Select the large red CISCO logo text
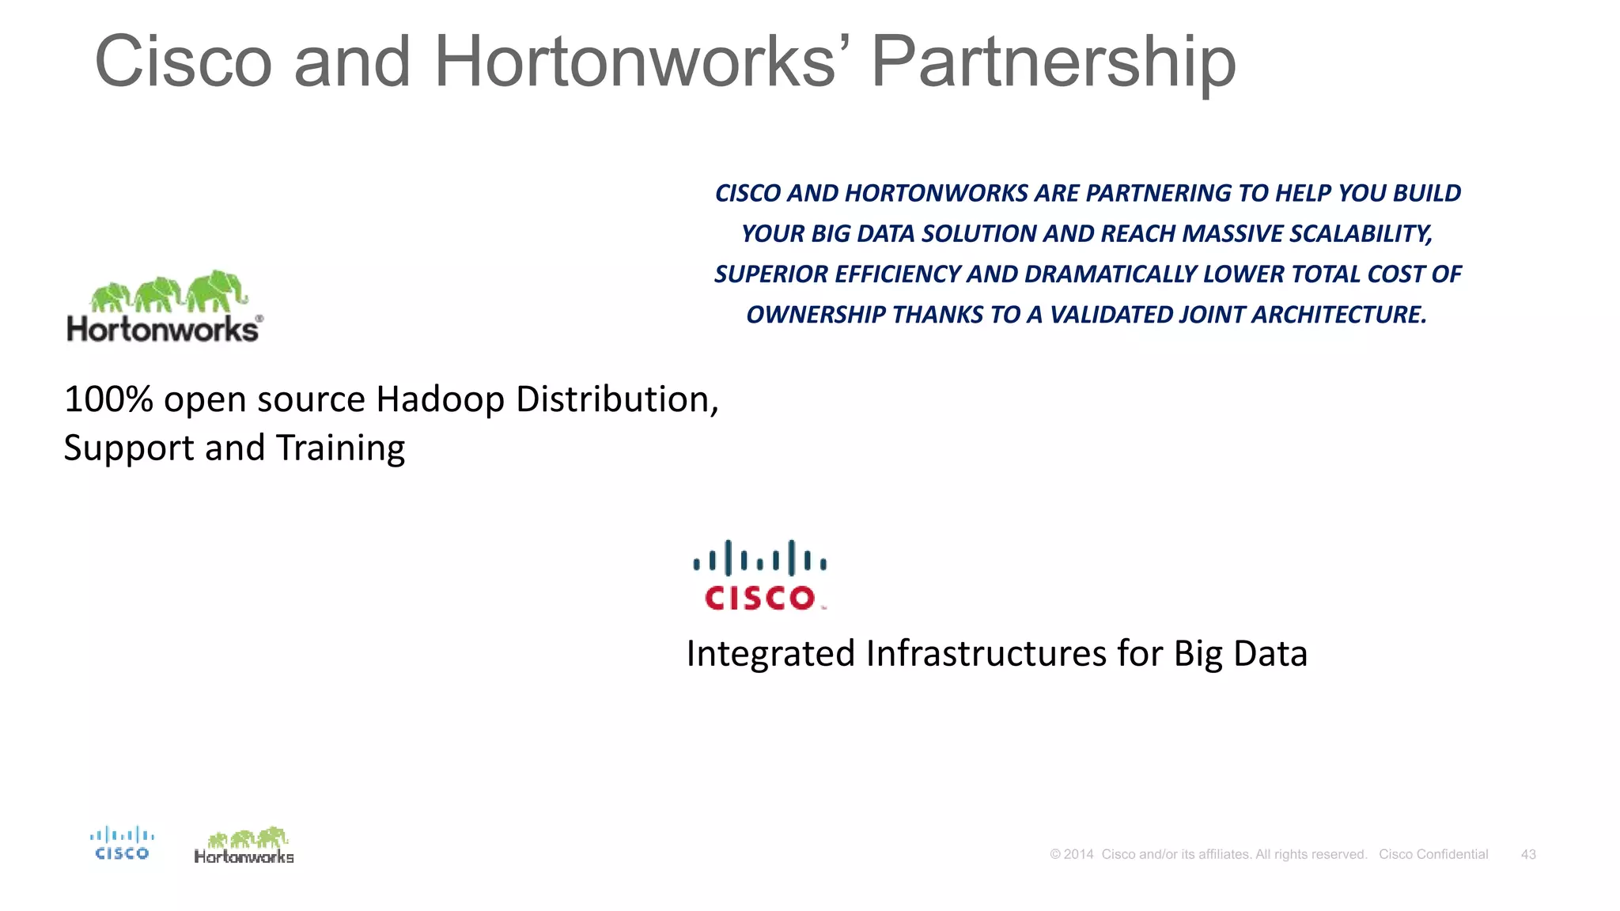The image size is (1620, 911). (x=760, y=598)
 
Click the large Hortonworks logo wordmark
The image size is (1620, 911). (x=163, y=329)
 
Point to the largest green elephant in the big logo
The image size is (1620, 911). (x=215, y=290)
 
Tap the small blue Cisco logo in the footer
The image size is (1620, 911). (x=122, y=843)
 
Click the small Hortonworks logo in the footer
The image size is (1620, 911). (x=244, y=846)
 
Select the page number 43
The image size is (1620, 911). (x=1528, y=854)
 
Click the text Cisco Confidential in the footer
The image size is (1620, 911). (x=1433, y=854)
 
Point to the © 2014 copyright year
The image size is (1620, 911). (x=1072, y=854)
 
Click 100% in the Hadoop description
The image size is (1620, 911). (x=108, y=399)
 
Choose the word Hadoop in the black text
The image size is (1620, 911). (x=440, y=399)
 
